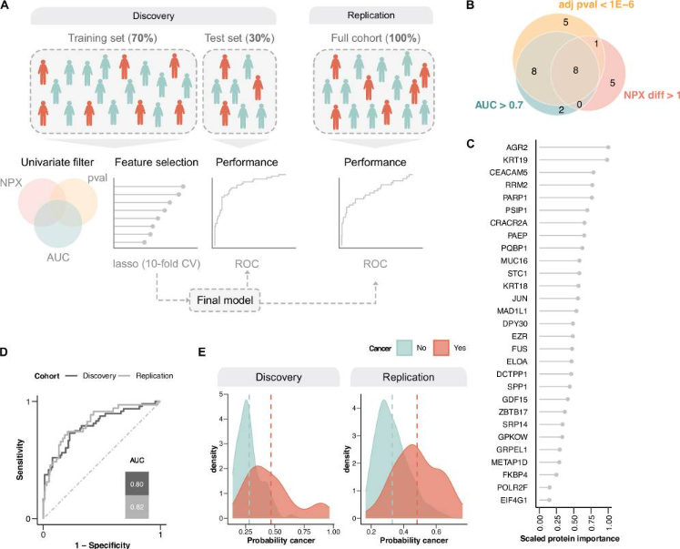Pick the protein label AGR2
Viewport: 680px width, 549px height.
click(x=520, y=147)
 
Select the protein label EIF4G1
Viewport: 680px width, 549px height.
click(x=517, y=499)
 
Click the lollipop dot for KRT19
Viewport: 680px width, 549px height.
click(x=607, y=159)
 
